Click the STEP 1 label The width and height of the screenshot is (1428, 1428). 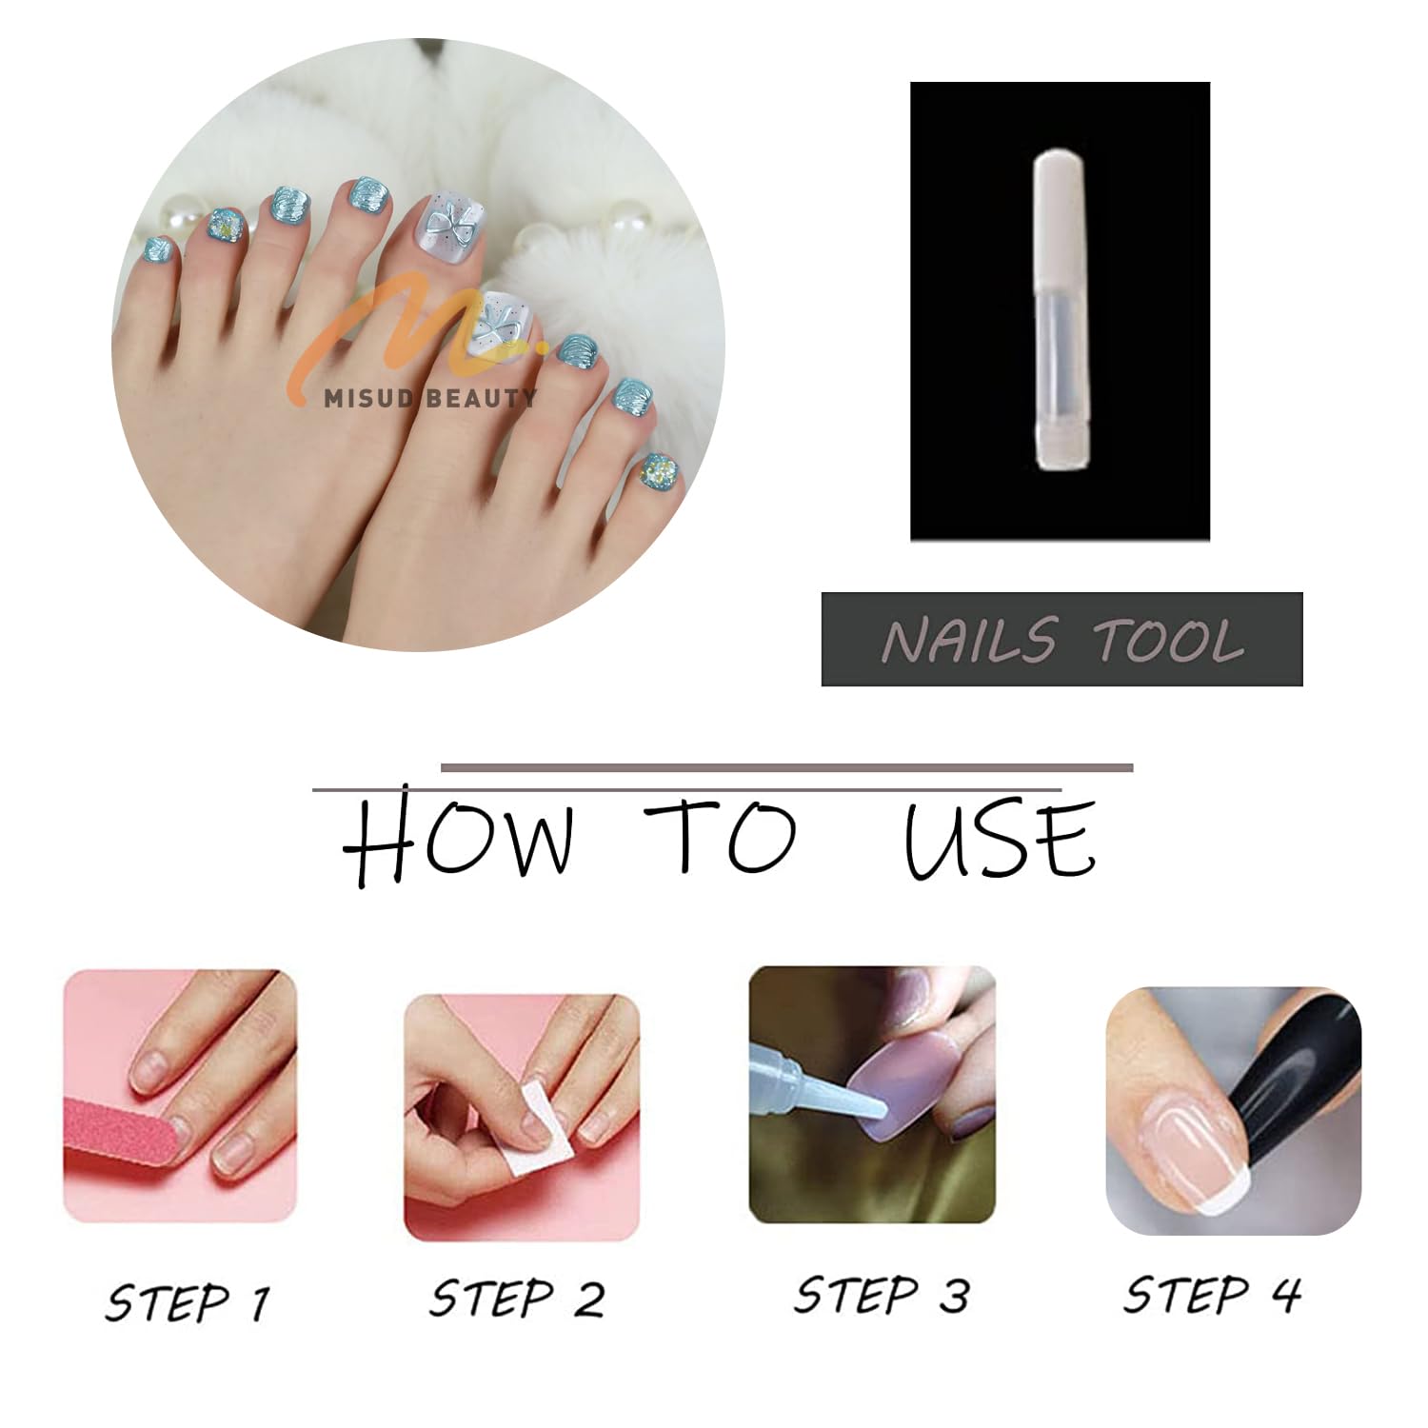pos(188,1300)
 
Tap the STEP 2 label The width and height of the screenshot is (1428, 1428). pos(516,1299)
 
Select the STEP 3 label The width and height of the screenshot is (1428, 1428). pos(881,1295)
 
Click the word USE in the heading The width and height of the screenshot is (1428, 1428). pos(1000,841)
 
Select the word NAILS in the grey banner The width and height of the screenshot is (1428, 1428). pos(968,640)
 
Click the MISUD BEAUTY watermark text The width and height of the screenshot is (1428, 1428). pos(430,398)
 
